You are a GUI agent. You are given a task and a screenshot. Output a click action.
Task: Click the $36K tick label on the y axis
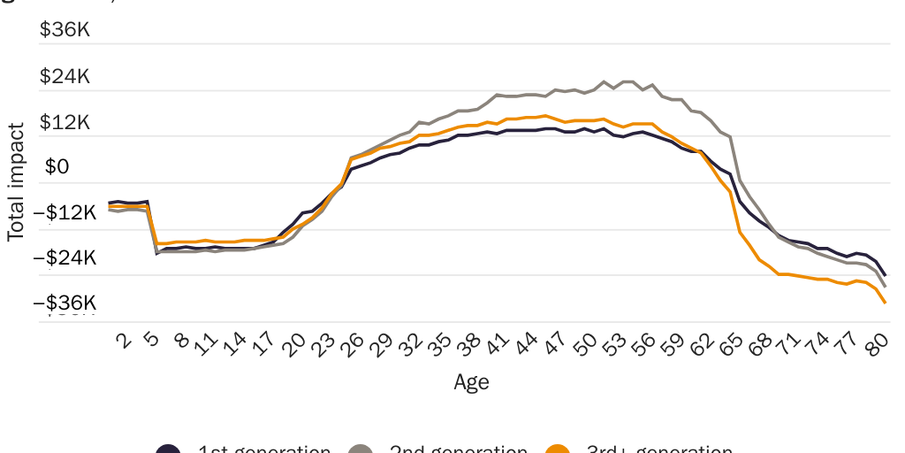65,30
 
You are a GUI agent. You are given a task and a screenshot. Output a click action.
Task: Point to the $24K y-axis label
65,76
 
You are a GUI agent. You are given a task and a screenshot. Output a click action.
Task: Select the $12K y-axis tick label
65,122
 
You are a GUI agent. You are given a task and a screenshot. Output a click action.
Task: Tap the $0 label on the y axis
57,168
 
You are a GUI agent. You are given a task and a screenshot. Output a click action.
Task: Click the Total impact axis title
16,181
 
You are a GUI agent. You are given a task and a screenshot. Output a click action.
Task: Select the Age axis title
471,382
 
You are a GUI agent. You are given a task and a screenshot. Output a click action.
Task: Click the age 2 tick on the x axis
123,341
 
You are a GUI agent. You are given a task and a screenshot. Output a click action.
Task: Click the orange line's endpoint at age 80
885,303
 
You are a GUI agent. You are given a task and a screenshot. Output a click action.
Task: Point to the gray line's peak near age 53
626,81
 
